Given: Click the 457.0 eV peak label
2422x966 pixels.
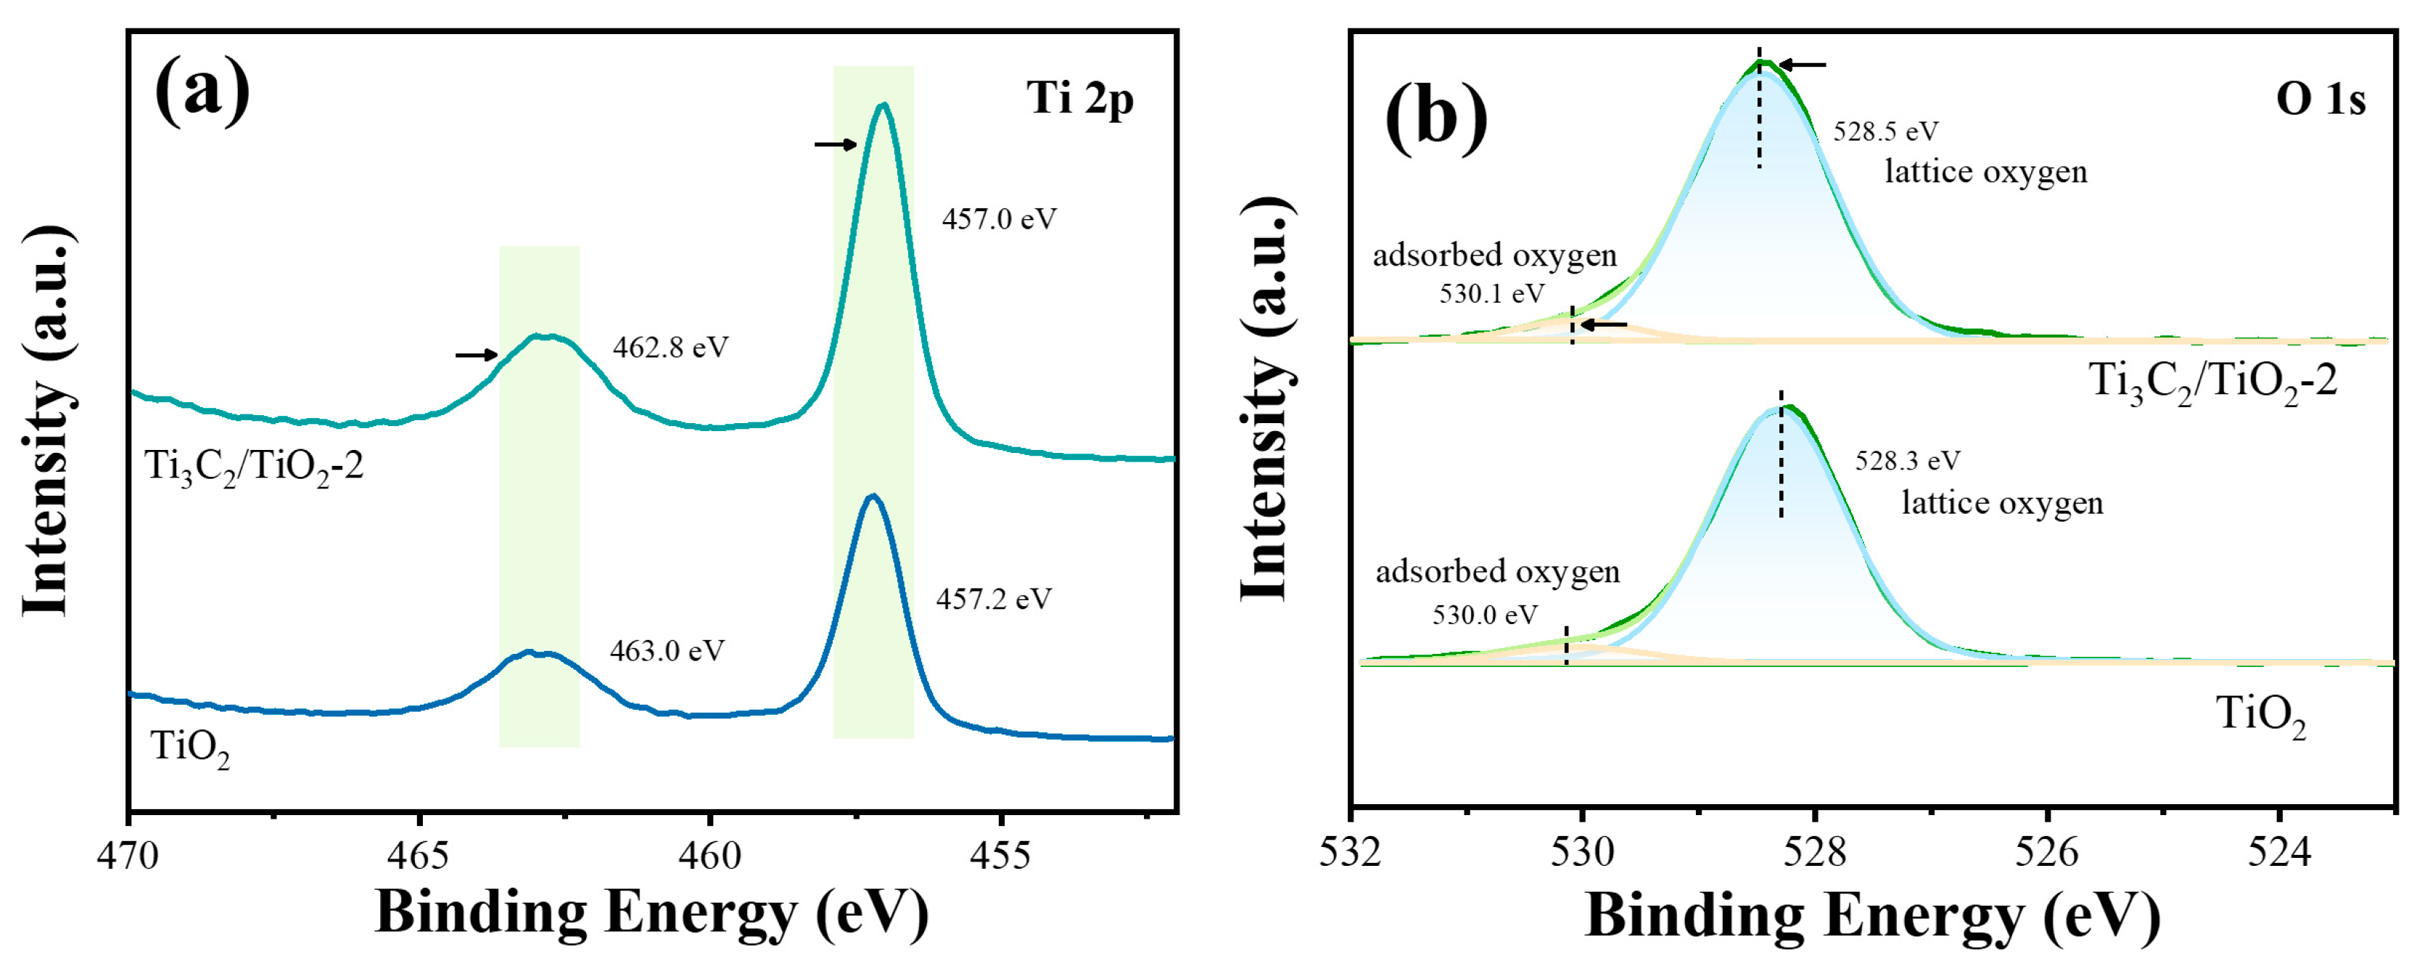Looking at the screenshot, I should point(1000,220).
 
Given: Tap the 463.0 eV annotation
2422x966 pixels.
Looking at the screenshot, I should point(667,651).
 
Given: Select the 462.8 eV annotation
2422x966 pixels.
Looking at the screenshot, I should point(670,348).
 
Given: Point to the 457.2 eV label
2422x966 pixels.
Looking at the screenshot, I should point(994,599).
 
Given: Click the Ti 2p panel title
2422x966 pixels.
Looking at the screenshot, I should point(1079,99).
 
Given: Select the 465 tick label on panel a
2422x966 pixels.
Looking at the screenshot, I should point(419,855).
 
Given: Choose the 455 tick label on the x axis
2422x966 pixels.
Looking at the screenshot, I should point(1001,855).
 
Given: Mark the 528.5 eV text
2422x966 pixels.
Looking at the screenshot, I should point(1885,131).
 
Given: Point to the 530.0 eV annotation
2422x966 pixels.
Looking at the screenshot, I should point(1485,615).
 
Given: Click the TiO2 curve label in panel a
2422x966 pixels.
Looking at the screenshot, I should point(190,749).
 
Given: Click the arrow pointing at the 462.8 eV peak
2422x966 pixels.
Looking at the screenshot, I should point(476,355).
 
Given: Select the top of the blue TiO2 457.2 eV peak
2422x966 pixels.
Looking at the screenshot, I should point(873,496).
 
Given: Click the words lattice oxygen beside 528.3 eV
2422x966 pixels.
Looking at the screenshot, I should point(2002,503).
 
